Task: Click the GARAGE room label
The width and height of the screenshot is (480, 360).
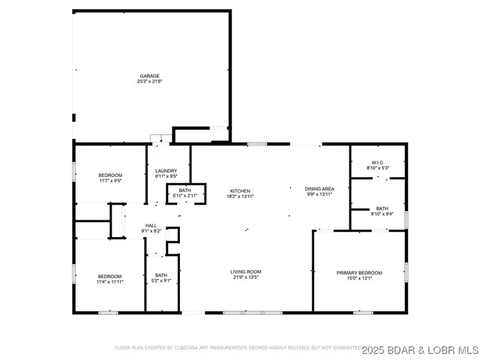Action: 150,76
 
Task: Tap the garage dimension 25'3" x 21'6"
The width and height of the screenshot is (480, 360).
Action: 150,82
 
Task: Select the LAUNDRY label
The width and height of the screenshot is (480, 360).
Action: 166,172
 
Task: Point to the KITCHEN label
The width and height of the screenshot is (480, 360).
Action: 239,191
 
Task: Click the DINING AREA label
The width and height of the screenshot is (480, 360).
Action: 319,188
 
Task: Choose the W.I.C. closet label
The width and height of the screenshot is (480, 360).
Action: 377,163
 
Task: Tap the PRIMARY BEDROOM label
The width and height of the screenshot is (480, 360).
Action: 358,272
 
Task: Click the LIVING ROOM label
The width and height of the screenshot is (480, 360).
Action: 245,271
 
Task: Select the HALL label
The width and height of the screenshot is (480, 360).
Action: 151,225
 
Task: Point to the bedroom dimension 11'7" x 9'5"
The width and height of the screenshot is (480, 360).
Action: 110,181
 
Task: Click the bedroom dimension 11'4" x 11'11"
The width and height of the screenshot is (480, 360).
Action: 110,282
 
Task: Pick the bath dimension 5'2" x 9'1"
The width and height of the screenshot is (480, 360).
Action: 161,281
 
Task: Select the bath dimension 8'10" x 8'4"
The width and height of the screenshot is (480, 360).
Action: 382,214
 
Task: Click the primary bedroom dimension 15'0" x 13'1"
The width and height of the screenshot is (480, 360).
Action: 358,278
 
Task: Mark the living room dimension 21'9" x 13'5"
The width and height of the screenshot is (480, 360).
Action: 245,277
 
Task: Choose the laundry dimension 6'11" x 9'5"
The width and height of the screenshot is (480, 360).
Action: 166,178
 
